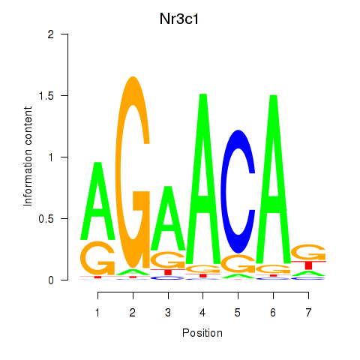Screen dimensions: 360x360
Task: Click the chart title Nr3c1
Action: pos(179,19)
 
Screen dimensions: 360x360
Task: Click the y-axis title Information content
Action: pos(28,156)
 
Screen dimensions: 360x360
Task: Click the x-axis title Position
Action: pos(202,333)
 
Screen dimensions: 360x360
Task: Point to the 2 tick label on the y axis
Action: pos(51,34)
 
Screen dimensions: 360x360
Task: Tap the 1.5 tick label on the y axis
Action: pos(46,96)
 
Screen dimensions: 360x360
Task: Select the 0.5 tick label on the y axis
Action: pos(46,219)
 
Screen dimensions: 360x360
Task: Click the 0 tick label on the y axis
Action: pos(51,280)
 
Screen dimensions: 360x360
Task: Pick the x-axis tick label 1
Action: pos(97,312)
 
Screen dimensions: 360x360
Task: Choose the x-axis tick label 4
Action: pos(202,312)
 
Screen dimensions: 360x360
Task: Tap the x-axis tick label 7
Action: pos(308,312)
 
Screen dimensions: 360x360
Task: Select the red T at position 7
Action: pos(308,265)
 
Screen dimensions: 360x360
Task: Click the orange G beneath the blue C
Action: pos(238,264)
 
